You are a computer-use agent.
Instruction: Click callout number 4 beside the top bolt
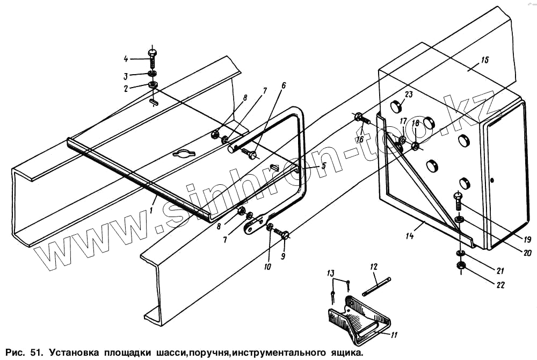coord(126,58)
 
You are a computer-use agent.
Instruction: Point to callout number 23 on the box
coord(409,95)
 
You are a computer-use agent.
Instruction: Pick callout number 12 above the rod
coord(374,267)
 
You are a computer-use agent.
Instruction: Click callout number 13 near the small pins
coord(331,275)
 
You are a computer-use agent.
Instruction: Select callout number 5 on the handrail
coord(323,167)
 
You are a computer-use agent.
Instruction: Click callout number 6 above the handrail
coord(284,85)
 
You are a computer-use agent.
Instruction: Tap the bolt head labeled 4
coord(152,53)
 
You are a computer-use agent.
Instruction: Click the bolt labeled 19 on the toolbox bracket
coord(458,201)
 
